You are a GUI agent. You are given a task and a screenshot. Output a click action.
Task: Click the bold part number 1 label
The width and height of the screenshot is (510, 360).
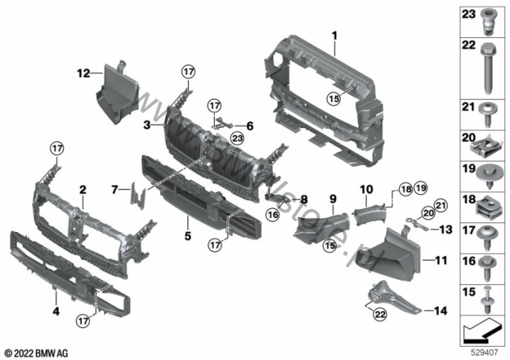click(x=335, y=36)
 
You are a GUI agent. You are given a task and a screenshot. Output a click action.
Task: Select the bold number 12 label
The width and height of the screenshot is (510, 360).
click(x=83, y=73)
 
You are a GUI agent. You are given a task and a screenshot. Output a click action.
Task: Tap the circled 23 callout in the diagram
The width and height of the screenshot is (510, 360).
click(x=237, y=138)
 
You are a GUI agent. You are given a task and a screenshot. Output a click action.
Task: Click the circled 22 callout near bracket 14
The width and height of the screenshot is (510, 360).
click(x=380, y=314)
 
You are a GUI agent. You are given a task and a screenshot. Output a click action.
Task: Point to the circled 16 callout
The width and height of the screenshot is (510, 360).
click(x=272, y=214)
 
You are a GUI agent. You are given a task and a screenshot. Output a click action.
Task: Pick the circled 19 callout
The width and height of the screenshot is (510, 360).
click(x=421, y=188)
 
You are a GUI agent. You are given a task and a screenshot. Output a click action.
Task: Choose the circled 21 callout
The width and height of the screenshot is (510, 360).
click(x=440, y=205)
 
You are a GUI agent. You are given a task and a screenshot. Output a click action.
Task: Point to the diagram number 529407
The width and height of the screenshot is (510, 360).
click(x=485, y=352)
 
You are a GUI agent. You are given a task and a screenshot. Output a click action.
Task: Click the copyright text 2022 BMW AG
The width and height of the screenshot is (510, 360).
click(x=36, y=353)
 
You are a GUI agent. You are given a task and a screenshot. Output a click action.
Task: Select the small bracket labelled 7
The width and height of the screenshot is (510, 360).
click(x=138, y=196)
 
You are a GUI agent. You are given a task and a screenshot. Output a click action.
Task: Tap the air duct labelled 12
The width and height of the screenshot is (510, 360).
click(x=117, y=94)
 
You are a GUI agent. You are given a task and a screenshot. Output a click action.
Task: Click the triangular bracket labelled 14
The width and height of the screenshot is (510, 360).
click(x=393, y=298)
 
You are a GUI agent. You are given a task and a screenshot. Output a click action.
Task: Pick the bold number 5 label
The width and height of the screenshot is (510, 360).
click(x=187, y=236)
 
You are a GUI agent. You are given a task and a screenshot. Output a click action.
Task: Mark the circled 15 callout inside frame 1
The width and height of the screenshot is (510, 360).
click(x=334, y=98)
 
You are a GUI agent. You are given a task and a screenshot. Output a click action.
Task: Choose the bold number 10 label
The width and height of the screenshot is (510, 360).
click(x=367, y=189)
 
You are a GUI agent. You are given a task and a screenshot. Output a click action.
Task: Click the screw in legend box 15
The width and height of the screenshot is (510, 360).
click(x=487, y=300)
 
